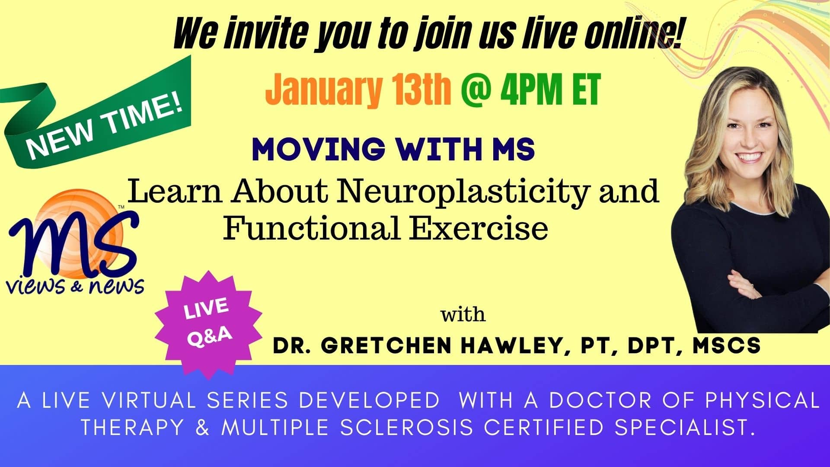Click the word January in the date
click(x=323, y=90)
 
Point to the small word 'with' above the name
click(x=463, y=314)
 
